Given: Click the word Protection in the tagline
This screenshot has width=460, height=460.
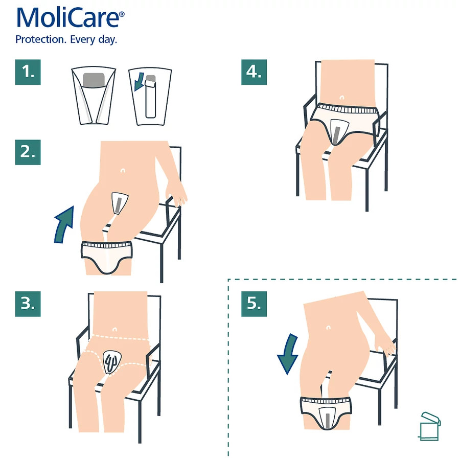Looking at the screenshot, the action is click(x=40, y=39).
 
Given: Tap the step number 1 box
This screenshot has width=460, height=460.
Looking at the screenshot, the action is click(x=28, y=72).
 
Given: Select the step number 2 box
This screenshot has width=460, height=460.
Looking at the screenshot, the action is click(x=28, y=152).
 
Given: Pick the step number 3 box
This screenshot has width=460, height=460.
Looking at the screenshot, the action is click(x=28, y=304).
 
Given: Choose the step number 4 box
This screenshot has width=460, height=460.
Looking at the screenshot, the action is click(x=254, y=72).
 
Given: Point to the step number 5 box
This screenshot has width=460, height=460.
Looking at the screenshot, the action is click(x=254, y=304).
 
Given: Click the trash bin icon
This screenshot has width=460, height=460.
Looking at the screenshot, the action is click(x=430, y=426).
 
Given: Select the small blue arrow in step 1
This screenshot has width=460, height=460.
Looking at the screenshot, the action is click(x=139, y=82).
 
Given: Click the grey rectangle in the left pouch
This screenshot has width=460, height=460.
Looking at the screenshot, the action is click(x=94, y=80).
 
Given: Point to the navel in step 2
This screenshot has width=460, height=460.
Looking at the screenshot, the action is click(x=123, y=170).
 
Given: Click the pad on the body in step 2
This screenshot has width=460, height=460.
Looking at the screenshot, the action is click(x=120, y=203).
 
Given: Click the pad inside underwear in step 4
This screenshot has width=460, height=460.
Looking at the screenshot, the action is click(x=338, y=132).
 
